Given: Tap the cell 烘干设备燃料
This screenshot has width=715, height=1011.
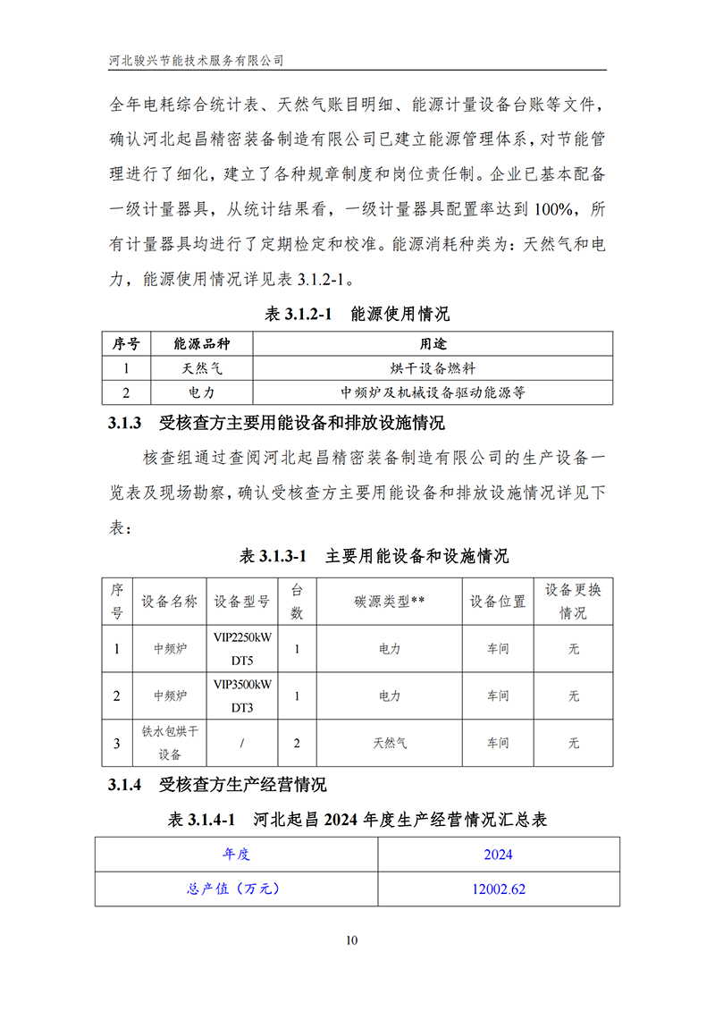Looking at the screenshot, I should (433, 367).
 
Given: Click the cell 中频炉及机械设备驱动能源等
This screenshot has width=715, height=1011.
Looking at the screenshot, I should (433, 392).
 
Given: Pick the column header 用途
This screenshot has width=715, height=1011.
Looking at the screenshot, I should (433, 344).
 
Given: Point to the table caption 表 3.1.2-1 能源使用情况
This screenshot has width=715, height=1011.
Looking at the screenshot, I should (357, 314).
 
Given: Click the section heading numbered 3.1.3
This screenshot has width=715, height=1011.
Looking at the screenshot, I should (276, 423).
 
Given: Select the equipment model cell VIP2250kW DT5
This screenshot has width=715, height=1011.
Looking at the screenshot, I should (242, 648).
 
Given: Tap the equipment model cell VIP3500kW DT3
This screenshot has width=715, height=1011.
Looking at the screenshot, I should (242, 695).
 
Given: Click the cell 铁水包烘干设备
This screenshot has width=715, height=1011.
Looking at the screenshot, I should (169, 742).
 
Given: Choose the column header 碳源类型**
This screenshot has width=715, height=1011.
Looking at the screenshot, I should (389, 602).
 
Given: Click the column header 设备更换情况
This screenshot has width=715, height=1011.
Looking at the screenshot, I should (573, 602).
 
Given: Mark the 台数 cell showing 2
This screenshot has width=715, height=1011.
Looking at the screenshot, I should (297, 743).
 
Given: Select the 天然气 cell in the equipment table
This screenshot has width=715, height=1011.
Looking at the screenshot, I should (389, 743).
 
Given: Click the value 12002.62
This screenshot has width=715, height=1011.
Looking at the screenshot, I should (498, 889).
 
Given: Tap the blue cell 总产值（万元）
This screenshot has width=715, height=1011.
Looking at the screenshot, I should (236, 889).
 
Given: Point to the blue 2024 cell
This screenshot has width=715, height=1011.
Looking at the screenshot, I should (498, 854).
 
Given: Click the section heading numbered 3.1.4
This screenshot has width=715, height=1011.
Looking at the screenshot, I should (217, 785).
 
